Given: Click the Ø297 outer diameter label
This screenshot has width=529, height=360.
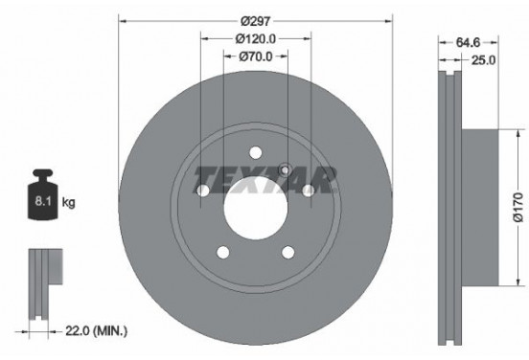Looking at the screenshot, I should click(x=256, y=20).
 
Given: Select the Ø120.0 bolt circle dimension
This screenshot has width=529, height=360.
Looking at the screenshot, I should click(x=256, y=38).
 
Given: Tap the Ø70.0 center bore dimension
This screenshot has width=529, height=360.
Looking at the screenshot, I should click(x=256, y=56).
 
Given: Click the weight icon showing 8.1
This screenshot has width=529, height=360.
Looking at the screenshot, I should click(x=44, y=197).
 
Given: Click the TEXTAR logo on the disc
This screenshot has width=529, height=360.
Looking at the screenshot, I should click(x=266, y=178).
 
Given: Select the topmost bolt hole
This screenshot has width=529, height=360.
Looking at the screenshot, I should click(x=256, y=150).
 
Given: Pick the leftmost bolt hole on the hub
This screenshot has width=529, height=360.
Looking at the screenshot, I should click(x=203, y=191).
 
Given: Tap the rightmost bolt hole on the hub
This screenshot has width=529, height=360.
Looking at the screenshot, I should click(x=309, y=191).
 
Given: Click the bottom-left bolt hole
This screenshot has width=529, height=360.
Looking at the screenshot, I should click(x=223, y=252).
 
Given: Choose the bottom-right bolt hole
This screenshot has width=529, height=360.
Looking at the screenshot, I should click(x=288, y=252).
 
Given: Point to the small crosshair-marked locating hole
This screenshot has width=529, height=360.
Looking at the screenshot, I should click(x=284, y=170).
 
